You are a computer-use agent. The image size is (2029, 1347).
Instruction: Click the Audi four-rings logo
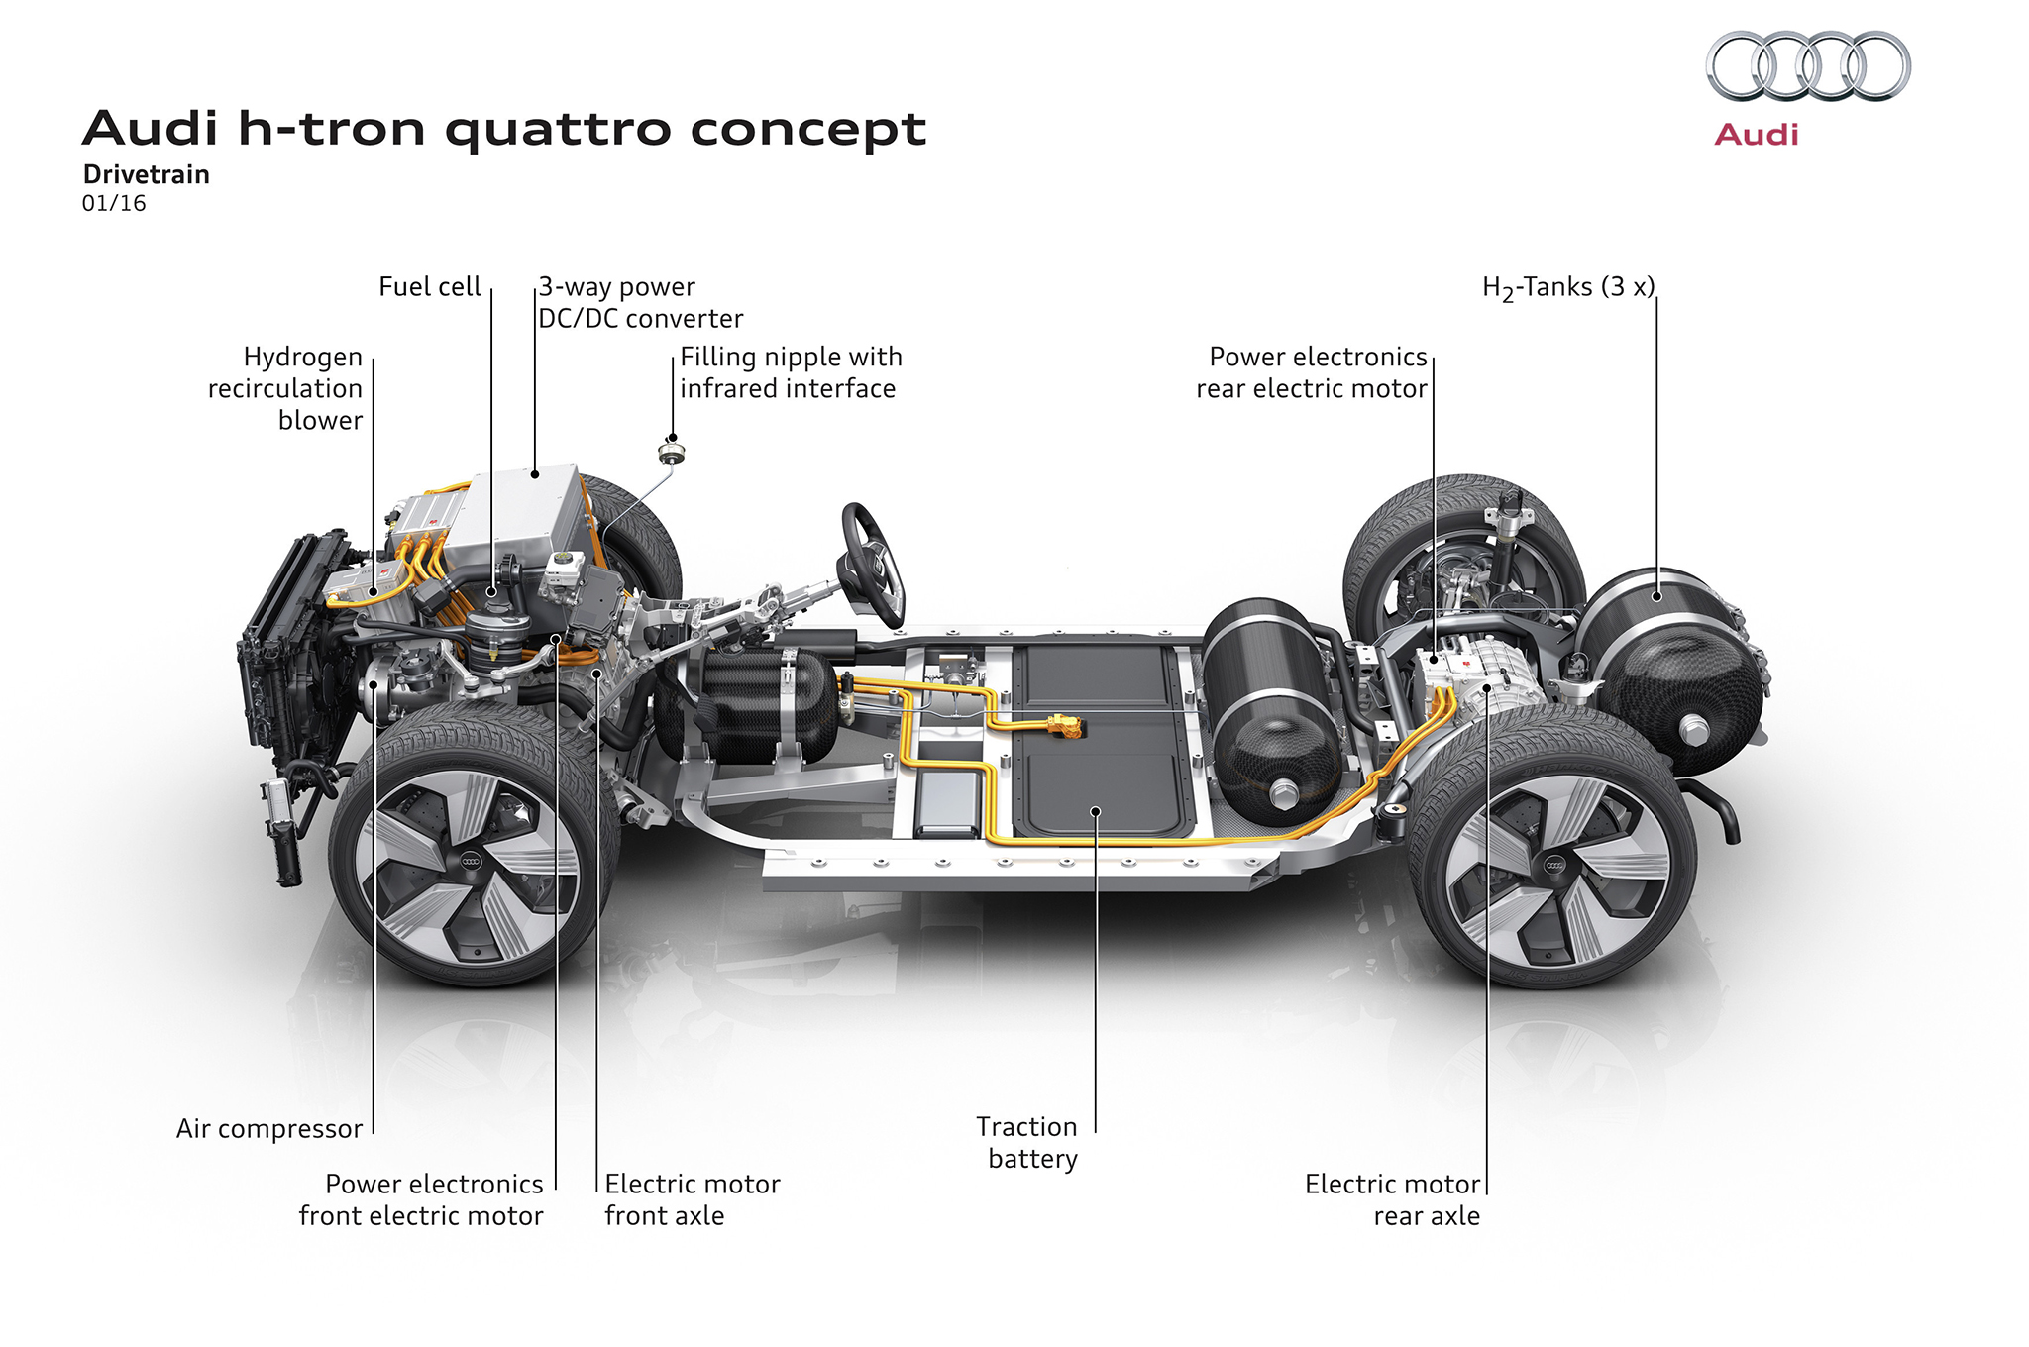(x=1808, y=66)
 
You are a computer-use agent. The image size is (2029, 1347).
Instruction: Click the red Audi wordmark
(x=1756, y=135)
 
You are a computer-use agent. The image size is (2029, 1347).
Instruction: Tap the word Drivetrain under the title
(x=146, y=175)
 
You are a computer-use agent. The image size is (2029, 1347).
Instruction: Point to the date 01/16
(x=114, y=204)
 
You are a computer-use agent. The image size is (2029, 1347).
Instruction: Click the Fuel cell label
(x=429, y=287)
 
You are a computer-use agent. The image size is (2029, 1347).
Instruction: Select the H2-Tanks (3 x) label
(x=1567, y=288)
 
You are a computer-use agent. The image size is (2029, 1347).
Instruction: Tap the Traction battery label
(x=1028, y=1142)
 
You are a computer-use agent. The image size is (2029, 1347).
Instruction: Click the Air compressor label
(x=268, y=1129)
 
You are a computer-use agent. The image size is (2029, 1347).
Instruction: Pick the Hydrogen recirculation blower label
(x=286, y=388)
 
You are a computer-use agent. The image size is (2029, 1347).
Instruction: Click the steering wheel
(x=872, y=560)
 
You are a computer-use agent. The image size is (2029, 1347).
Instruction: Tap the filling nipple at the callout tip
(x=671, y=454)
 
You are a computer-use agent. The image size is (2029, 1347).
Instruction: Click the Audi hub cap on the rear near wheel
(x=1554, y=866)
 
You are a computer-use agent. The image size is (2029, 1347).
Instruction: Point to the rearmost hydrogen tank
(x=1674, y=673)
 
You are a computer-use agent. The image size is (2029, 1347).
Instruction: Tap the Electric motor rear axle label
(x=1392, y=1199)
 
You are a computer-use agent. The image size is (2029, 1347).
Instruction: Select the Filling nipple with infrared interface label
(x=790, y=372)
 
